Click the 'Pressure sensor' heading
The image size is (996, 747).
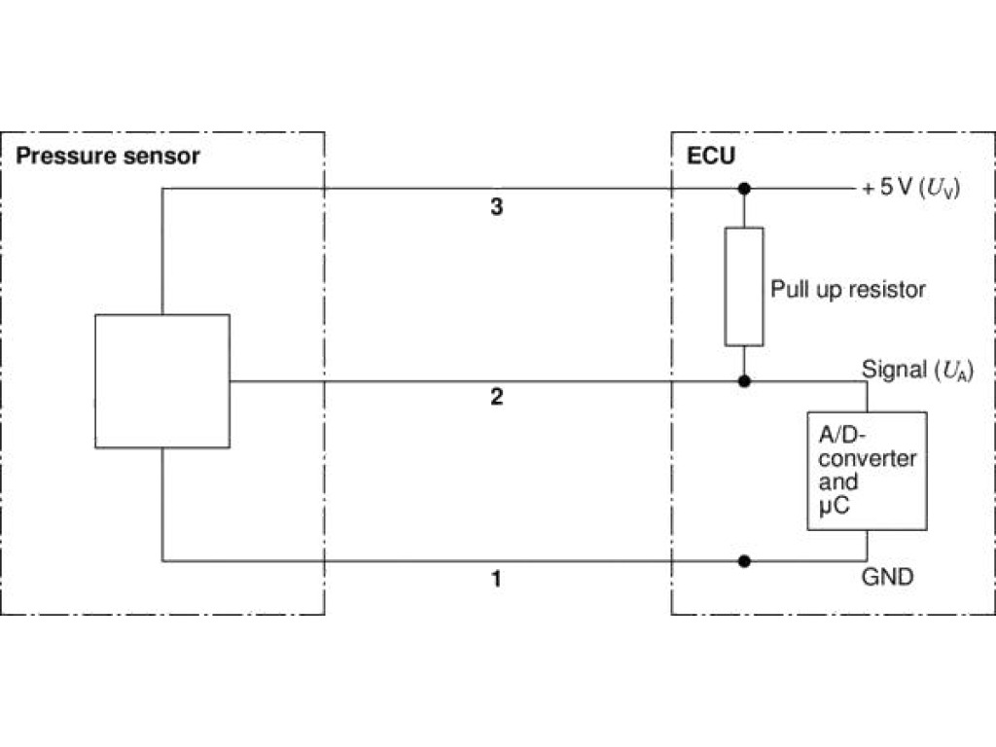pyautogui.click(x=109, y=156)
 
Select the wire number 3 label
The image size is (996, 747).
pyautogui.click(x=496, y=207)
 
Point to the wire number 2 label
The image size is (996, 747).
pyautogui.click(x=496, y=398)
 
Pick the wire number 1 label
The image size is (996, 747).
pyautogui.click(x=496, y=580)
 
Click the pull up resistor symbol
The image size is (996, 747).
pyautogui.click(x=744, y=286)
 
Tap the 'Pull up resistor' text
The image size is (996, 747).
pyautogui.click(x=848, y=289)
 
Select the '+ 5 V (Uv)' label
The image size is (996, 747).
pyautogui.click(x=909, y=188)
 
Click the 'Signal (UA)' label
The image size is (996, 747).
pyautogui.click(x=917, y=370)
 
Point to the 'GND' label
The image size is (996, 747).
pyautogui.click(x=888, y=577)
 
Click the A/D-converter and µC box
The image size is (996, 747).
pyautogui.click(x=866, y=471)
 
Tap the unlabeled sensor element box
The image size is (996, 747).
pyautogui.click(x=162, y=380)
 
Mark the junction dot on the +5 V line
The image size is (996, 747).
pyautogui.click(x=744, y=188)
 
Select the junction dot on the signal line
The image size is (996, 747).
pyautogui.click(x=744, y=380)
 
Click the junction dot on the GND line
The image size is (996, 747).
pyautogui.click(x=744, y=560)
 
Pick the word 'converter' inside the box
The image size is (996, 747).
pyautogui.click(x=862, y=458)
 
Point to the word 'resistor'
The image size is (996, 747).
pyautogui.click(x=888, y=289)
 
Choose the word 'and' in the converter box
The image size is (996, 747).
pyautogui.click(x=838, y=482)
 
